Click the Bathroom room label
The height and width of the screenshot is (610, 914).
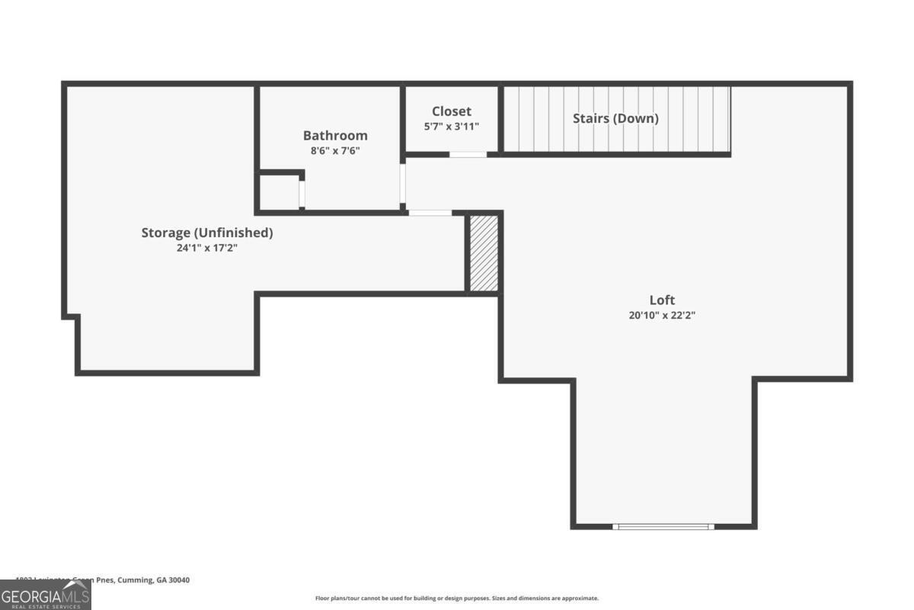pos(335,136)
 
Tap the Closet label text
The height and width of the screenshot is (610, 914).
pos(452,111)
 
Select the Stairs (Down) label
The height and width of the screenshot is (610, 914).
pos(615,118)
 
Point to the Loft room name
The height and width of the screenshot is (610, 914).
pos(662,300)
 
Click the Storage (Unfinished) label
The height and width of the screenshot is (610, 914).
pos(206,233)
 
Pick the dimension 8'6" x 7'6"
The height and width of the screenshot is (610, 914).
pos(335,151)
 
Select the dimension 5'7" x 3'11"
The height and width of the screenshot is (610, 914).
pos(452,127)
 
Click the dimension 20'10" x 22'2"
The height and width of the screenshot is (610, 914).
pos(662,315)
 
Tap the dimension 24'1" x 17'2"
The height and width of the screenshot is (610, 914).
pos(206,248)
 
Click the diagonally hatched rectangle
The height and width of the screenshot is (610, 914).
pos(484,253)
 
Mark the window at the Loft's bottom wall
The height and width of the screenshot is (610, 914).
pos(663,526)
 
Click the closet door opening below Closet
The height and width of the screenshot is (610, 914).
pos(468,155)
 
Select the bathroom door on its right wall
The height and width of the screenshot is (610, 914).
pos(403,184)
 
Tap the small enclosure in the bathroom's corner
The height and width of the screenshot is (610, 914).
pos(279,192)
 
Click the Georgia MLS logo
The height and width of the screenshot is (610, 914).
pos(46,595)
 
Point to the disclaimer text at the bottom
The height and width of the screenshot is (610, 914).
pos(457,599)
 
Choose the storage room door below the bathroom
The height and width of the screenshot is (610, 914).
pos(430,213)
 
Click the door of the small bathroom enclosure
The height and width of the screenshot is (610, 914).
pos(302,194)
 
